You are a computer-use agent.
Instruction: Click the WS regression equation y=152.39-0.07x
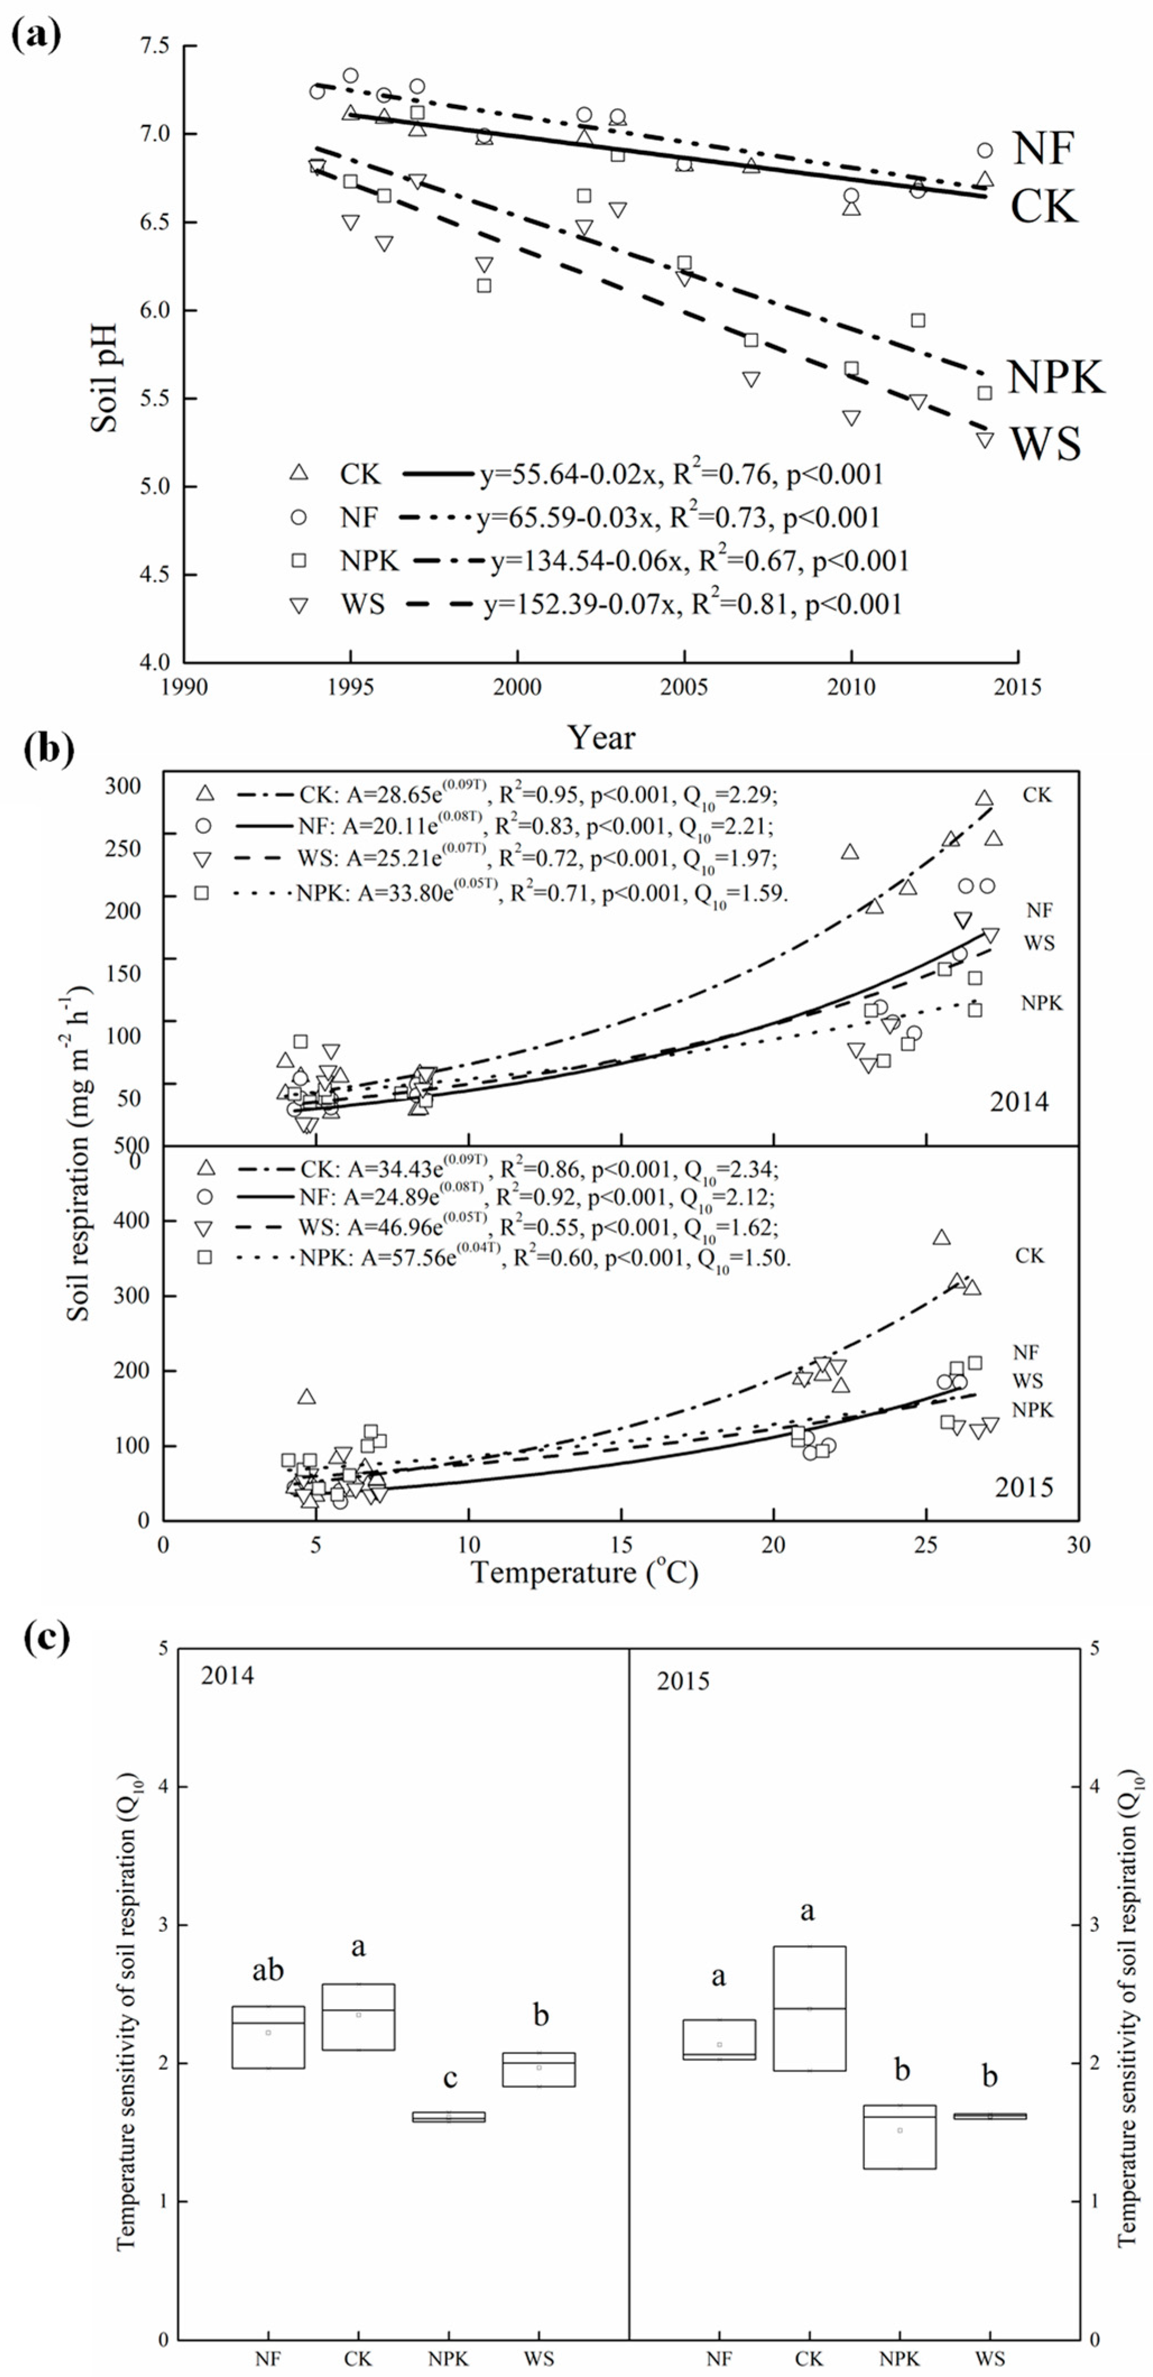(692, 604)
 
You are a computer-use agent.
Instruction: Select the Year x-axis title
(600, 737)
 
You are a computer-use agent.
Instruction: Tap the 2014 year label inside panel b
(1019, 1102)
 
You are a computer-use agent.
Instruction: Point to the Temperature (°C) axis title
(584, 1572)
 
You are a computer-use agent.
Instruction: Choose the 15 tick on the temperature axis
(621, 1545)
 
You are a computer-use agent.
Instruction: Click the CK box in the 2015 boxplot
(809, 2008)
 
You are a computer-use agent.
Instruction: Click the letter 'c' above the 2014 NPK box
(449, 2077)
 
